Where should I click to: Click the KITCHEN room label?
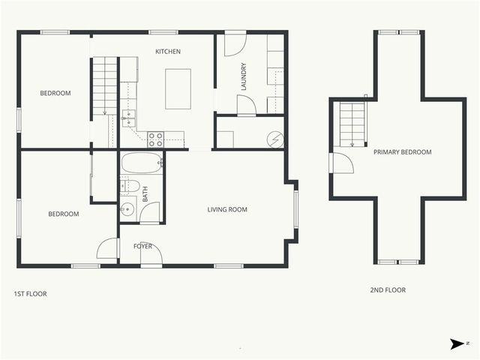(168, 52)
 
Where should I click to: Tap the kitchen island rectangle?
(178, 88)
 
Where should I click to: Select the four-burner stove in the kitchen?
(155, 139)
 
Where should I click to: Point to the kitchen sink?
(128, 116)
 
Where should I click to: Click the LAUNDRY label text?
(244, 76)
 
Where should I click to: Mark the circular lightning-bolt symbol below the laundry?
(275, 139)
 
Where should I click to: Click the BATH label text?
(145, 193)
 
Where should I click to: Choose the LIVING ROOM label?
(227, 210)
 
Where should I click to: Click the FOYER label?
(142, 246)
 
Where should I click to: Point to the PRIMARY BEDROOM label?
(403, 152)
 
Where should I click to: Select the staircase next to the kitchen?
(105, 88)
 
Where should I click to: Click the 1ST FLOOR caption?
(31, 294)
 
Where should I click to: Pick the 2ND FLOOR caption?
(388, 290)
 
